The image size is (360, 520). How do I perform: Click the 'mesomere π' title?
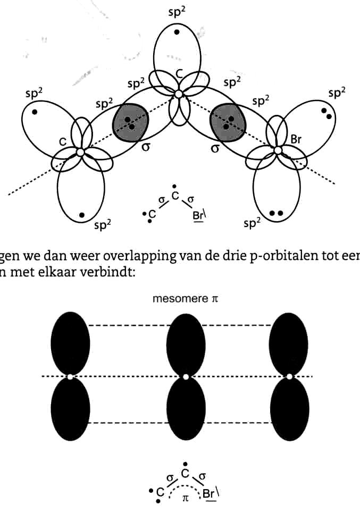(x=185, y=299)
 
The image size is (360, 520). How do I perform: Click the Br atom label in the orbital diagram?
(x=296, y=139)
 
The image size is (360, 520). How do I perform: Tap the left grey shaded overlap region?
(x=130, y=123)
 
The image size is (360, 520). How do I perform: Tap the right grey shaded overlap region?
(x=229, y=123)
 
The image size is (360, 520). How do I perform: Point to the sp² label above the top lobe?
(x=177, y=12)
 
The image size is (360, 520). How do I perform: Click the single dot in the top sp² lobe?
(x=177, y=32)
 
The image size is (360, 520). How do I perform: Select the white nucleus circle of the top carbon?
(x=179, y=94)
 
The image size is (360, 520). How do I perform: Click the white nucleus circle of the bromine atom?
(x=278, y=150)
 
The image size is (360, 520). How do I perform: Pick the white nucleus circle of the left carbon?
(x=80, y=152)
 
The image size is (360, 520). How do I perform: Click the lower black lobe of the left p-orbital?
(x=70, y=409)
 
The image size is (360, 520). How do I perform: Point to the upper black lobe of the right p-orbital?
(x=288, y=343)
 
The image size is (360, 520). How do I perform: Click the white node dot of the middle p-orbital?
(x=186, y=377)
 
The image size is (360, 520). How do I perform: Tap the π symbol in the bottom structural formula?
(x=186, y=498)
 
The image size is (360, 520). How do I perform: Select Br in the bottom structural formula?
(x=208, y=493)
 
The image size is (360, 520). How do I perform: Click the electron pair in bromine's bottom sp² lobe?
(x=277, y=213)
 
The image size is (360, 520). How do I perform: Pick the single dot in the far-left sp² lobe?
(x=35, y=112)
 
